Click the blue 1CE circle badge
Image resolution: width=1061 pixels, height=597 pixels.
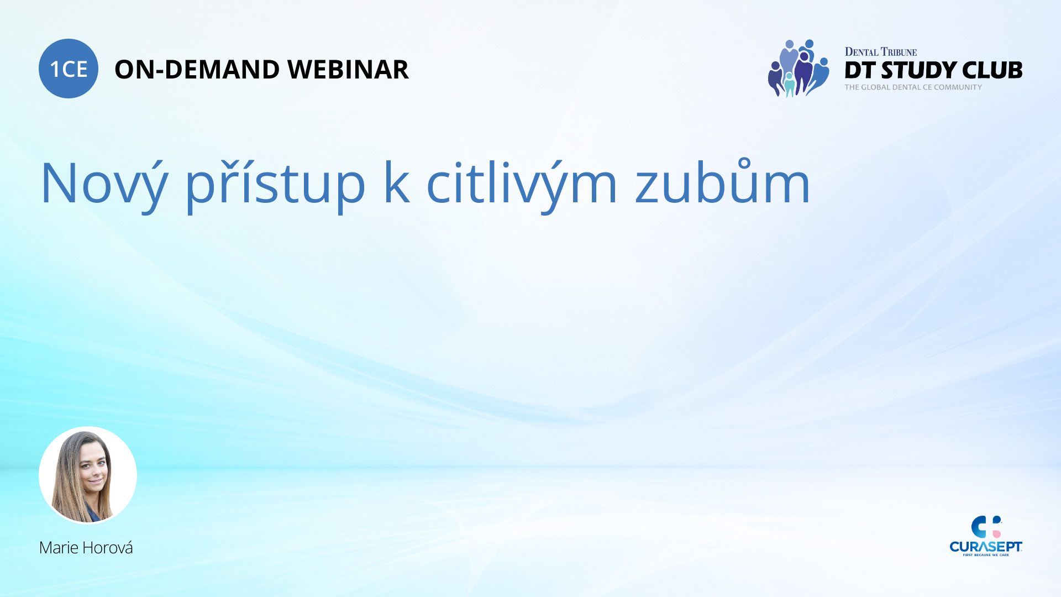click(x=69, y=69)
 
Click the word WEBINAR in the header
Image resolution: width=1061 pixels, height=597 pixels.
click(x=348, y=70)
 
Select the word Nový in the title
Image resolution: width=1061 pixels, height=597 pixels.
click(x=104, y=182)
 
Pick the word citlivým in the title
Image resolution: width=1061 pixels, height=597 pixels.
click(x=522, y=182)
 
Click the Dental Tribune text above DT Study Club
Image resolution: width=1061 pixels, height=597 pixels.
click(x=881, y=52)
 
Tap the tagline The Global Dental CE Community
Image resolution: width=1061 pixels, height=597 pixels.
click(x=913, y=87)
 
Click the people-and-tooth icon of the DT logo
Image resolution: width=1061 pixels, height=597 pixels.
click(x=798, y=68)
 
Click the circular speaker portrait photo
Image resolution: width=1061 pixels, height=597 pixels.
click(x=88, y=475)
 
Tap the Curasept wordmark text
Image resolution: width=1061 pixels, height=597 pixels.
click(x=986, y=547)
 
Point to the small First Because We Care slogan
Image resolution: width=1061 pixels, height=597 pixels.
click(x=986, y=555)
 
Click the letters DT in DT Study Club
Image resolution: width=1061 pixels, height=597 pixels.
click(x=860, y=70)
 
